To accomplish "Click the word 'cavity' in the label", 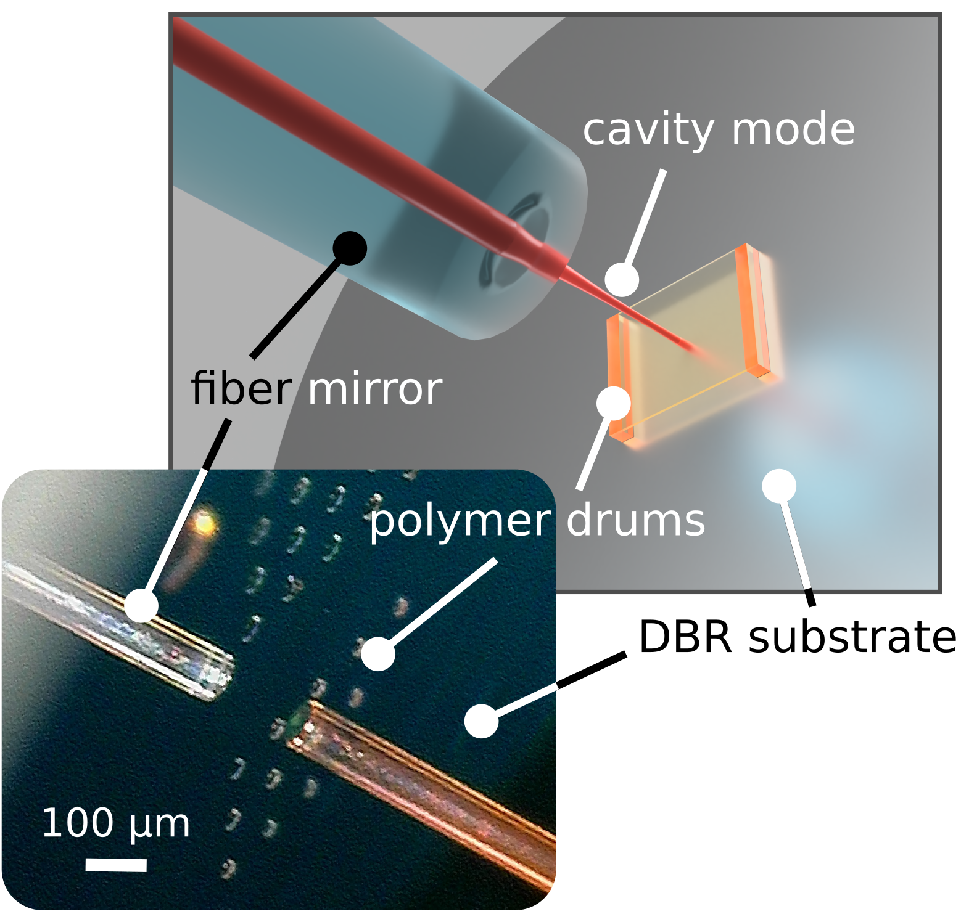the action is pyautogui.click(x=648, y=131).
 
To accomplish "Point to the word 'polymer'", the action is pyautogui.click(x=460, y=522).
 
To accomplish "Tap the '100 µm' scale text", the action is pyautogui.click(x=115, y=824).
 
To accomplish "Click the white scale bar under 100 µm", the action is pyautogui.click(x=116, y=865).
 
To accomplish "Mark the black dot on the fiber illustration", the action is pyautogui.click(x=350, y=248).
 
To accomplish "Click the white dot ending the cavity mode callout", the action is pyautogui.click(x=622, y=280).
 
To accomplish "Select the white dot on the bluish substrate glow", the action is pyautogui.click(x=779, y=486).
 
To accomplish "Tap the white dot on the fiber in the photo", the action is pyautogui.click(x=141, y=605).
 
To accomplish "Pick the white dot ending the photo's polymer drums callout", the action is pyautogui.click(x=378, y=654).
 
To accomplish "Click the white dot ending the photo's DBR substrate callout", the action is pyautogui.click(x=481, y=720).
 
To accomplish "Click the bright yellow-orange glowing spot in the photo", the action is pyautogui.click(x=205, y=524).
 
